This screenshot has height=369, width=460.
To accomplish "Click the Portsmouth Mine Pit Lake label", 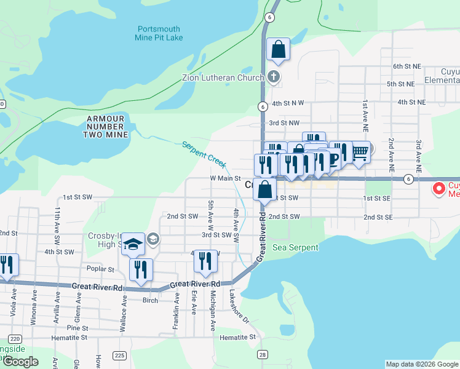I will point(159,33).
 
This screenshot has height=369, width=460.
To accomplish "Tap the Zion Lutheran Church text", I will point(223,78).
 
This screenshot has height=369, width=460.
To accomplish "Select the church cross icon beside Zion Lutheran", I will point(274,77).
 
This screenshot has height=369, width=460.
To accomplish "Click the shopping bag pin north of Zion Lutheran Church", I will point(278,49).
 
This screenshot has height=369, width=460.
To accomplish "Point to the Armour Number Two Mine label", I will point(105,126).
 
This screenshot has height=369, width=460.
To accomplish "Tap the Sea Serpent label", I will point(296,247).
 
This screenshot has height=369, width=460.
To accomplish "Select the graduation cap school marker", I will point(133,244).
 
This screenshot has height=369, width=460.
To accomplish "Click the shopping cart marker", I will point(360,152).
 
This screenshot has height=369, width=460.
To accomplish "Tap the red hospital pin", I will point(440,188).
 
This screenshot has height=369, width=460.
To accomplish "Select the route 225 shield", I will point(119,355).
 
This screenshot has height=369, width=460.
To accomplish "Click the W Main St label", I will point(225,178).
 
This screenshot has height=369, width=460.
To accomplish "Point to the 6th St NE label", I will point(407,66).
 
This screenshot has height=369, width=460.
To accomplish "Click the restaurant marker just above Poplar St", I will point(141,270).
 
